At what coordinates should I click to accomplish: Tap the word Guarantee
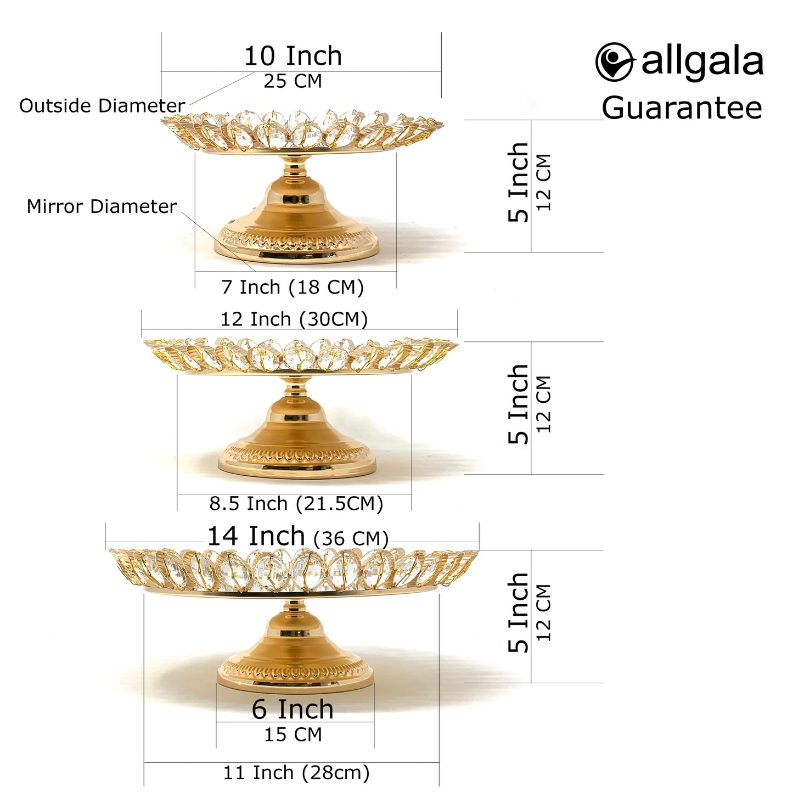coord(682,108)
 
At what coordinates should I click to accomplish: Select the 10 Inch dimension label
coord(293,56)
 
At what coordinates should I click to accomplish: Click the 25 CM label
coord(293,81)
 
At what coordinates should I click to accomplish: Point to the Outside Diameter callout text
coord(102,105)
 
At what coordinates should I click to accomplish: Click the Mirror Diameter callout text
coord(102,206)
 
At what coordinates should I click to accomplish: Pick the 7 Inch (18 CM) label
coord(293,287)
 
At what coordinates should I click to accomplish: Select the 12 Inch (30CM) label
coord(294,319)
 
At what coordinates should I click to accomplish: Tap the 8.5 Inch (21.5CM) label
coord(296,503)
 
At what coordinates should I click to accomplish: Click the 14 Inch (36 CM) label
coord(297,536)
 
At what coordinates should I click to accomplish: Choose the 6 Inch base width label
coord(293,709)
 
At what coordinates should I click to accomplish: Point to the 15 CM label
coord(293,734)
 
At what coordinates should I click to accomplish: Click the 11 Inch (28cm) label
coord(296,773)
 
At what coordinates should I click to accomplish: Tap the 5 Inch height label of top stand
coord(519,182)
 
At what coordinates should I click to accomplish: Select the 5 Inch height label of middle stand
coord(519,404)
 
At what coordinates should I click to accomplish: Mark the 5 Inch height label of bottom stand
coord(519,613)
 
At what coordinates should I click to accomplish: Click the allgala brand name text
coord(702,61)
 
